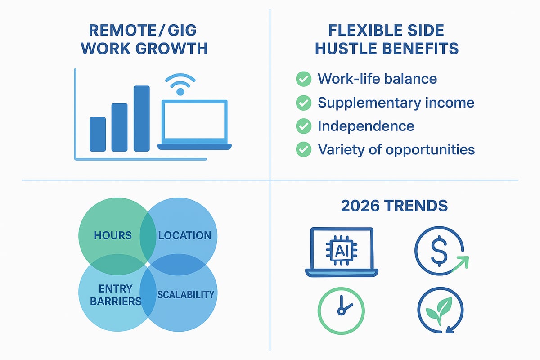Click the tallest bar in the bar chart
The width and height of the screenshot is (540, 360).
point(141,118)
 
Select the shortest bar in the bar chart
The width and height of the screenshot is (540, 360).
point(98,134)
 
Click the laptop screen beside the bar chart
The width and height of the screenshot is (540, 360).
point(194,121)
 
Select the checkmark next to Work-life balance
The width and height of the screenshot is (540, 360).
point(303,79)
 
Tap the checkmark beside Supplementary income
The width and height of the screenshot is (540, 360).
point(303,103)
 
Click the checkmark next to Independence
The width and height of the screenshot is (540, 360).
point(303,126)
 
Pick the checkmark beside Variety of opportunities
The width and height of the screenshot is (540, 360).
point(303,149)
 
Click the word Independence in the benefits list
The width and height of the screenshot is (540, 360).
point(366,126)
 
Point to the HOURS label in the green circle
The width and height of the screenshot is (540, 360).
point(113,235)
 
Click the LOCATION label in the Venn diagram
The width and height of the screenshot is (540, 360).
point(184,235)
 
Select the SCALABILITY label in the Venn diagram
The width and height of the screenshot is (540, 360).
point(185,295)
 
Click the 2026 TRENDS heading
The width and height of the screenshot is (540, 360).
point(394,206)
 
